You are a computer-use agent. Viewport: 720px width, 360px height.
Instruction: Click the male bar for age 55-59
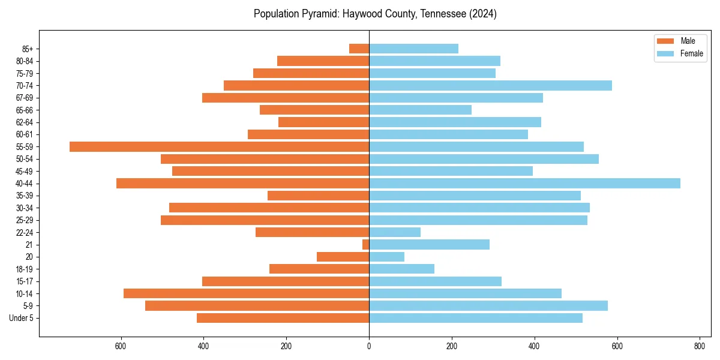coord(219,146)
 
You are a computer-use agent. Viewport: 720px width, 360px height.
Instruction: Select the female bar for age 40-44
coord(524,183)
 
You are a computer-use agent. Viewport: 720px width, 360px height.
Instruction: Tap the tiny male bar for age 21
coord(365,244)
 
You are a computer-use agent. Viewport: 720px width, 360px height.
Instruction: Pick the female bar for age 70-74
coord(490,85)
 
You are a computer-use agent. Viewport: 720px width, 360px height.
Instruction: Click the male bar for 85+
coord(359,49)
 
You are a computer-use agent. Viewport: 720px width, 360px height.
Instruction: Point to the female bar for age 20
coord(386,257)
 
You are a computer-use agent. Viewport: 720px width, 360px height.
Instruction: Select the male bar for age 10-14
coord(246,293)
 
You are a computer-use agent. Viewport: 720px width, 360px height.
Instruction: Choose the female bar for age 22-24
coord(395,232)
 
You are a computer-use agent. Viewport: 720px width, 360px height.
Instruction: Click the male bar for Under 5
coord(283,318)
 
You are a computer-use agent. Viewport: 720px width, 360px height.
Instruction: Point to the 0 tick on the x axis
coord(369,346)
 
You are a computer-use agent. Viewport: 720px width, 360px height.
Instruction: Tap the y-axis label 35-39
coord(25,196)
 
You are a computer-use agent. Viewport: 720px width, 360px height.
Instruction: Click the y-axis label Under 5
coord(22,318)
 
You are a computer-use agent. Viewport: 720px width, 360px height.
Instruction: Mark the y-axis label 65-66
coord(25,110)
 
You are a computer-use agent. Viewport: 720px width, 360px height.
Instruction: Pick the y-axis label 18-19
coord(25,269)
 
